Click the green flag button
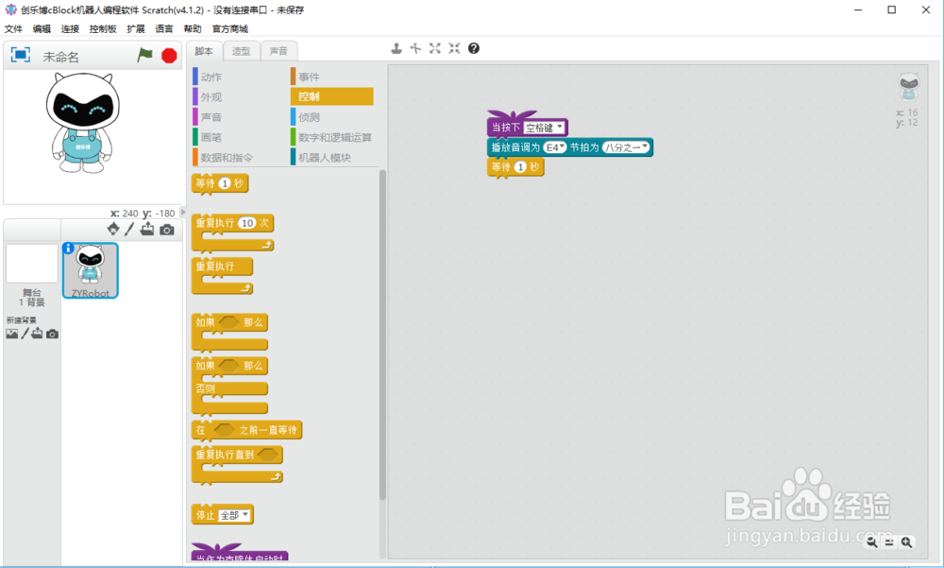144,56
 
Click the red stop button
169,56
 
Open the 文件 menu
13,29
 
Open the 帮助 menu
193,29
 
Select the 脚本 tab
204,51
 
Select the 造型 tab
241,51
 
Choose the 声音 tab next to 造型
278,51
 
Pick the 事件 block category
309,77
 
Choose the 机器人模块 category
324,158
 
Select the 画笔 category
211,137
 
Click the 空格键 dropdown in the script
545,128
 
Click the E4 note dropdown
554,147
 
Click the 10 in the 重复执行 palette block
247,223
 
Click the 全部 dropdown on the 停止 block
234,515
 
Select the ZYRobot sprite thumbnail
90,269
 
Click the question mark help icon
474,48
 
